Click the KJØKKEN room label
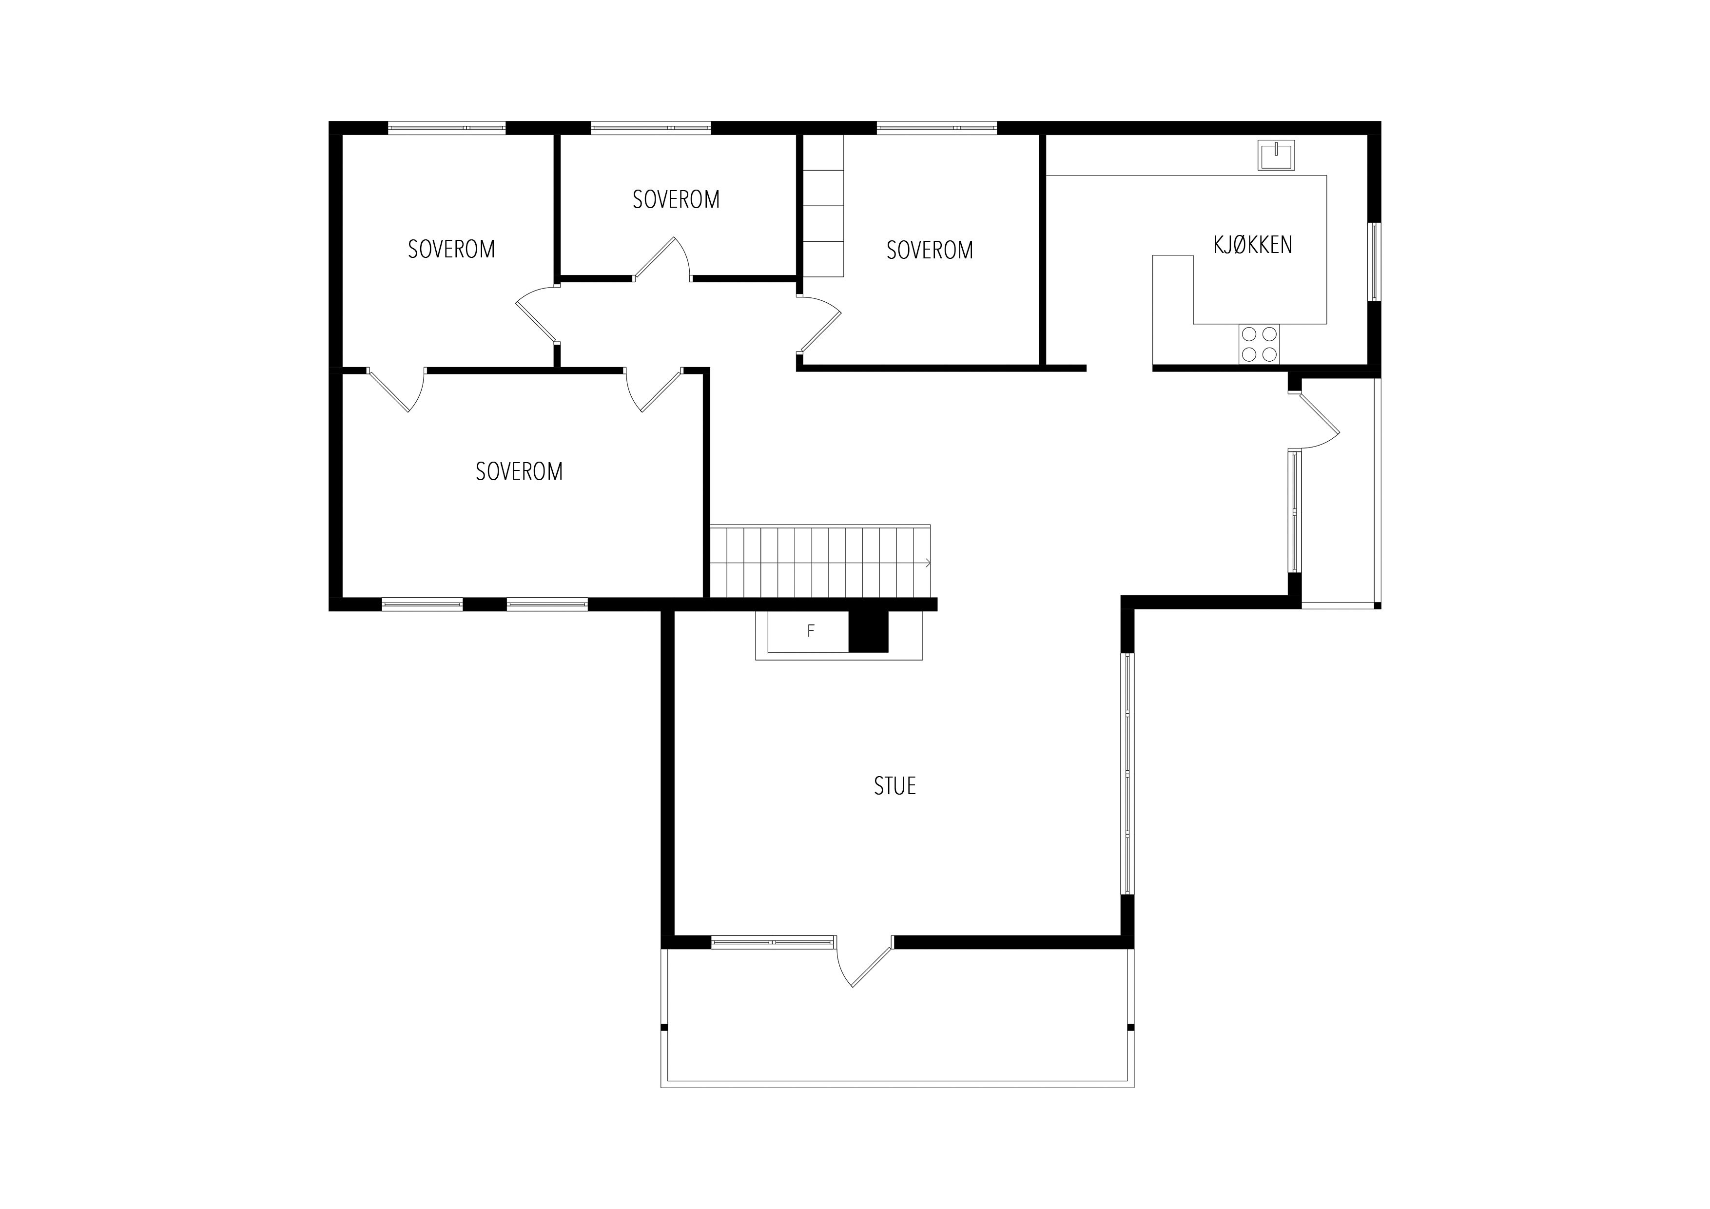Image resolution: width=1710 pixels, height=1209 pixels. (x=1253, y=245)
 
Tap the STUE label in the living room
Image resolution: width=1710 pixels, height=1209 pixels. (x=894, y=786)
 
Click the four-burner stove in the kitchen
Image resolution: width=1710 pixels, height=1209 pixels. (x=1259, y=344)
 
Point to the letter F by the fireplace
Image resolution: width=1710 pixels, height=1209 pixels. (x=811, y=631)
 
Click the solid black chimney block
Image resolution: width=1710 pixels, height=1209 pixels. (x=869, y=632)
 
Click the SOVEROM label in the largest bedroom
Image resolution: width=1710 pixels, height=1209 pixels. (x=519, y=471)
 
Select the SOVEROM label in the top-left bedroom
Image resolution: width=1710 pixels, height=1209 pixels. (x=451, y=249)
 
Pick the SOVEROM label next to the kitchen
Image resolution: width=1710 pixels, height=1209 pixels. (x=930, y=250)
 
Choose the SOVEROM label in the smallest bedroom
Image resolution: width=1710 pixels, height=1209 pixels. (x=676, y=200)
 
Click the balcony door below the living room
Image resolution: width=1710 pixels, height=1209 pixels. (x=864, y=961)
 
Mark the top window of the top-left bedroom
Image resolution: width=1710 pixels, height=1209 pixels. (x=447, y=128)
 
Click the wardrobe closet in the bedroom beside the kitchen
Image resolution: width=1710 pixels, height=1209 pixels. (x=823, y=206)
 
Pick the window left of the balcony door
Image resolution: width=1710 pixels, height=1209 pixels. (x=772, y=942)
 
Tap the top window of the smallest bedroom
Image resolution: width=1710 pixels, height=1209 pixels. (x=651, y=128)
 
